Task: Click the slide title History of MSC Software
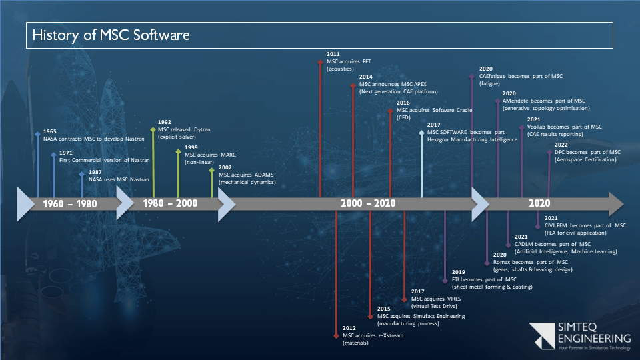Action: coord(111,35)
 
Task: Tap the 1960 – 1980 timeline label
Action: coord(70,203)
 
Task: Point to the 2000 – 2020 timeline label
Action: coord(367,203)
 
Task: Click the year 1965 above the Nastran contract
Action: coord(49,131)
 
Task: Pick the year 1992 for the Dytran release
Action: coord(165,122)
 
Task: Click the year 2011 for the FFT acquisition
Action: coord(333,53)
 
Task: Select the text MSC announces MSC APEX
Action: coord(393,84)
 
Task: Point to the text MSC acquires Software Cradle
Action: coord(431,110)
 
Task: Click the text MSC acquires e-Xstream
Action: coord(373,335)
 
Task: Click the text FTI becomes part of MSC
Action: coord(484,279)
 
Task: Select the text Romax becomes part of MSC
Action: coord(530,262)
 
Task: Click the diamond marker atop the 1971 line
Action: coord(53,155)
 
